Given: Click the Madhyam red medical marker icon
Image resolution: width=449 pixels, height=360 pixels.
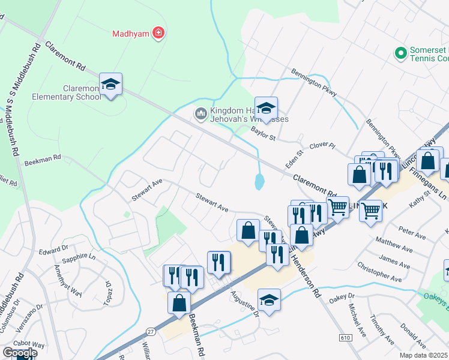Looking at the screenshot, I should (x=158, y=33).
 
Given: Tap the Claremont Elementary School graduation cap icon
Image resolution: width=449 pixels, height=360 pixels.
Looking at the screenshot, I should (x=110, y=85).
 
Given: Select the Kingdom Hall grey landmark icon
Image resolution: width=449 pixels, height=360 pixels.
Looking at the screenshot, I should (x=200, y=113).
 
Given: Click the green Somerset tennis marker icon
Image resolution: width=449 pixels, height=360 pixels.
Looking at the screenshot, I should (x=400, y=53).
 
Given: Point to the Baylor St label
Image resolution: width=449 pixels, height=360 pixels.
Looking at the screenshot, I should (x=263, y=133).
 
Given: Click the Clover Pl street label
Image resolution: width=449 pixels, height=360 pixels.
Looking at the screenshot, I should (x=322, y=146).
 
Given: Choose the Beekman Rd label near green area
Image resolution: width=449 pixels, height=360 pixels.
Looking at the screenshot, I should (x=43, y=160).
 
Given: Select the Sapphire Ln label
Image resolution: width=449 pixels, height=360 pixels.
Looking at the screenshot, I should (x=79, y=257).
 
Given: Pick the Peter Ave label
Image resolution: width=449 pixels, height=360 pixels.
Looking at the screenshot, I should (x=411, y=230).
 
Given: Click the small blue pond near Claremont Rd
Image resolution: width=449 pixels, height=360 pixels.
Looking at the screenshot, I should (x=259, y=181).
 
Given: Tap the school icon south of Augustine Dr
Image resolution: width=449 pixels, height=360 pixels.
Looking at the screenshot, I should (x=269, y=301).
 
